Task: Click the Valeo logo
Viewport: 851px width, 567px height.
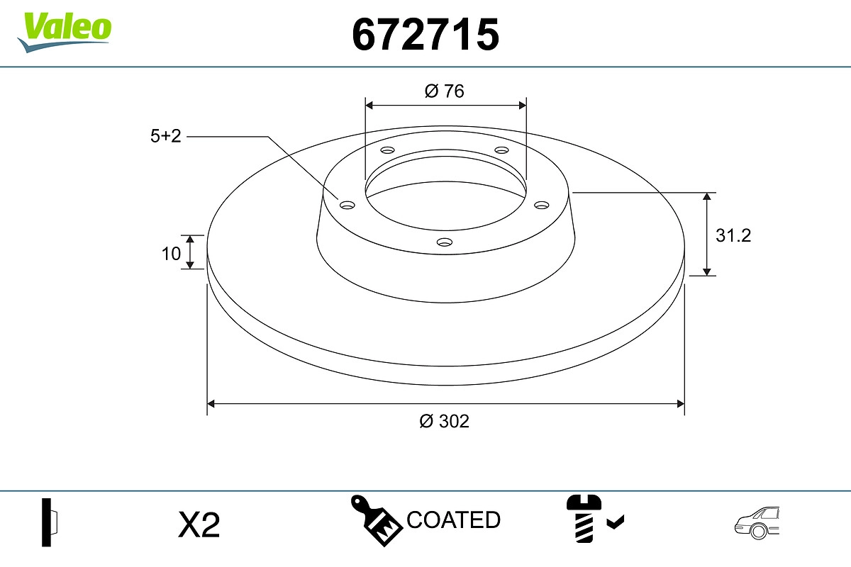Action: click(x=65, y=33)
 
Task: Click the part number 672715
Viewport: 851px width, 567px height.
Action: click(x=425, y=35)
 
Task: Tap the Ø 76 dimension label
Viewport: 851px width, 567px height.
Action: click(x=445, y=91)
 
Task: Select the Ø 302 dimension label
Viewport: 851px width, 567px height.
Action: click(x=444, y=421)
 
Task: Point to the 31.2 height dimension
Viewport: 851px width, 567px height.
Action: click(x=733, y=235)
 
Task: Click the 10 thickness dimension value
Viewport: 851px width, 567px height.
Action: click(x=171, y=254)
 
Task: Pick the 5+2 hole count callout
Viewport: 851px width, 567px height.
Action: click(x=166, y=136)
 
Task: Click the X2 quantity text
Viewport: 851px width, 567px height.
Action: click(x=199, y=524)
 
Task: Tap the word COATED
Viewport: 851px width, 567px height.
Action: click(x=454, y=520)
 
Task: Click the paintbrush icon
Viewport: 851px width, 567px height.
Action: click(x=376, y=520)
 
